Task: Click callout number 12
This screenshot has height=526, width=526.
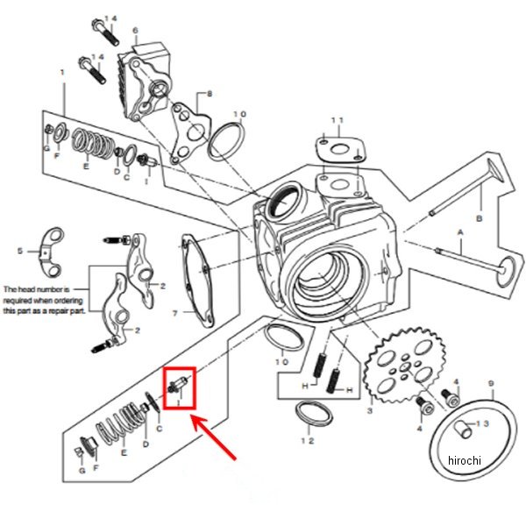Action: coord(307,440)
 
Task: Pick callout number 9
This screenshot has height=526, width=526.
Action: coord(490,383)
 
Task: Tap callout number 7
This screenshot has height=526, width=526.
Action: coord(174,312)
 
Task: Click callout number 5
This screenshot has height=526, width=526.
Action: coord(19,252)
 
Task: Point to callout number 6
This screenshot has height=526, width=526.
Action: coord(135,31)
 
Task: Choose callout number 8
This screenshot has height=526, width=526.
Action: coord(210,93)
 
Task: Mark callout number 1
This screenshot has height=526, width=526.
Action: coord(62,72)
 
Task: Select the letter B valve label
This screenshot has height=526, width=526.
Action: coord(479,217)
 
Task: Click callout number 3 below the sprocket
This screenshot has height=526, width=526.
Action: coord(369,410)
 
